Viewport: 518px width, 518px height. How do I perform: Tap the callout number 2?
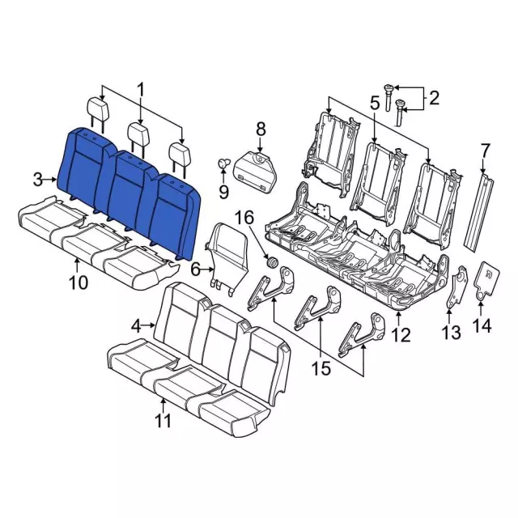(434, 99)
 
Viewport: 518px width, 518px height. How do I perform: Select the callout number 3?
(38, 179)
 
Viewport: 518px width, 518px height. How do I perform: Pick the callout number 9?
(224, 191)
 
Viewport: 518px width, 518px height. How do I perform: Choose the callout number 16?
(244, 217)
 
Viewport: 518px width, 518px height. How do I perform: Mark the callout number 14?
(482, 326)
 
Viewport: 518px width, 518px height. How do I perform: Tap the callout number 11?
(163, 421)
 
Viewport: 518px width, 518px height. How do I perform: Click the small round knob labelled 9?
(220, 165)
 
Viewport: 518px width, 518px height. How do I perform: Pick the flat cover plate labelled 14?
(486, 279)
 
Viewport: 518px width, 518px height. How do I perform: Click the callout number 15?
(321, 369)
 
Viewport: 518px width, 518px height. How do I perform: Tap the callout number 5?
(375, 103)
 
